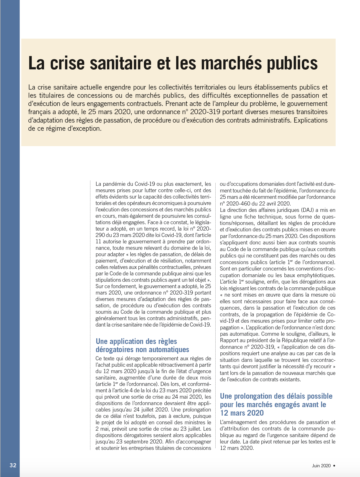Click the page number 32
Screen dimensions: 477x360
tap(13, 465)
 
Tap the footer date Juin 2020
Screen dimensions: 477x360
tap(321, 466)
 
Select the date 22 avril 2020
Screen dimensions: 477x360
tap(275, 204)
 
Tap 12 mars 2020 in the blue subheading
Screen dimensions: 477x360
tap(242, 413)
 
